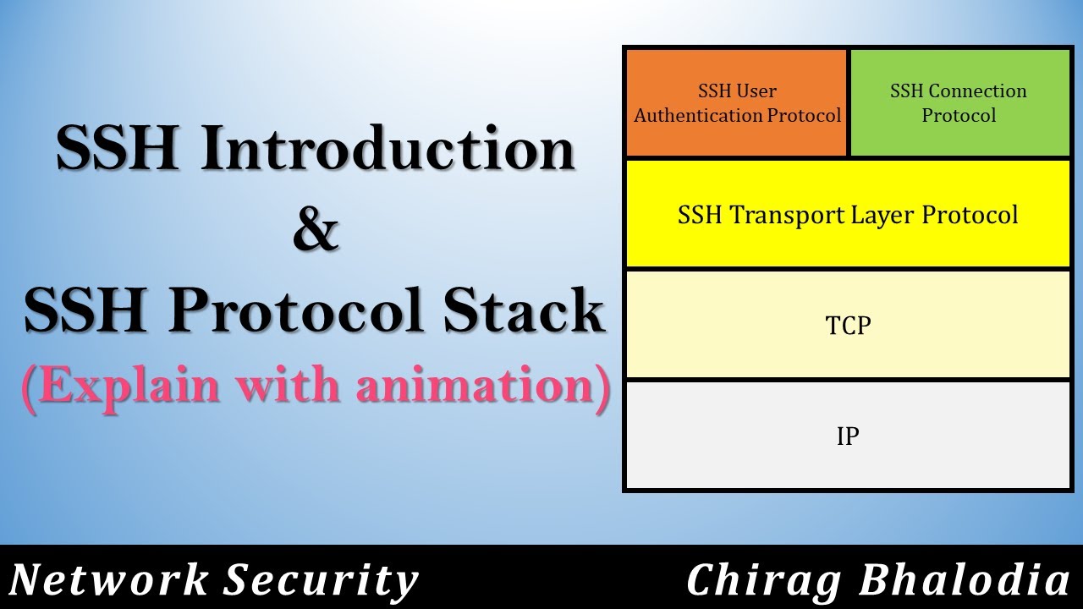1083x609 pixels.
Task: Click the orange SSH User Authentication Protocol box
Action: coord(737,103)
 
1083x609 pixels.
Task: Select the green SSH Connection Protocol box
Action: coord(959,103)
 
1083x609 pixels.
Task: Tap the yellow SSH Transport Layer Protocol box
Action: coord(848,214)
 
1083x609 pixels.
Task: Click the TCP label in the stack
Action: coord(848,325)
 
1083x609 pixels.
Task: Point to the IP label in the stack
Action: coord(848,436)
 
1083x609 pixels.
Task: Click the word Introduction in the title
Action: coord(388,151)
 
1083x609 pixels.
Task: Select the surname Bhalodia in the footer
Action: coord(965,581)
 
